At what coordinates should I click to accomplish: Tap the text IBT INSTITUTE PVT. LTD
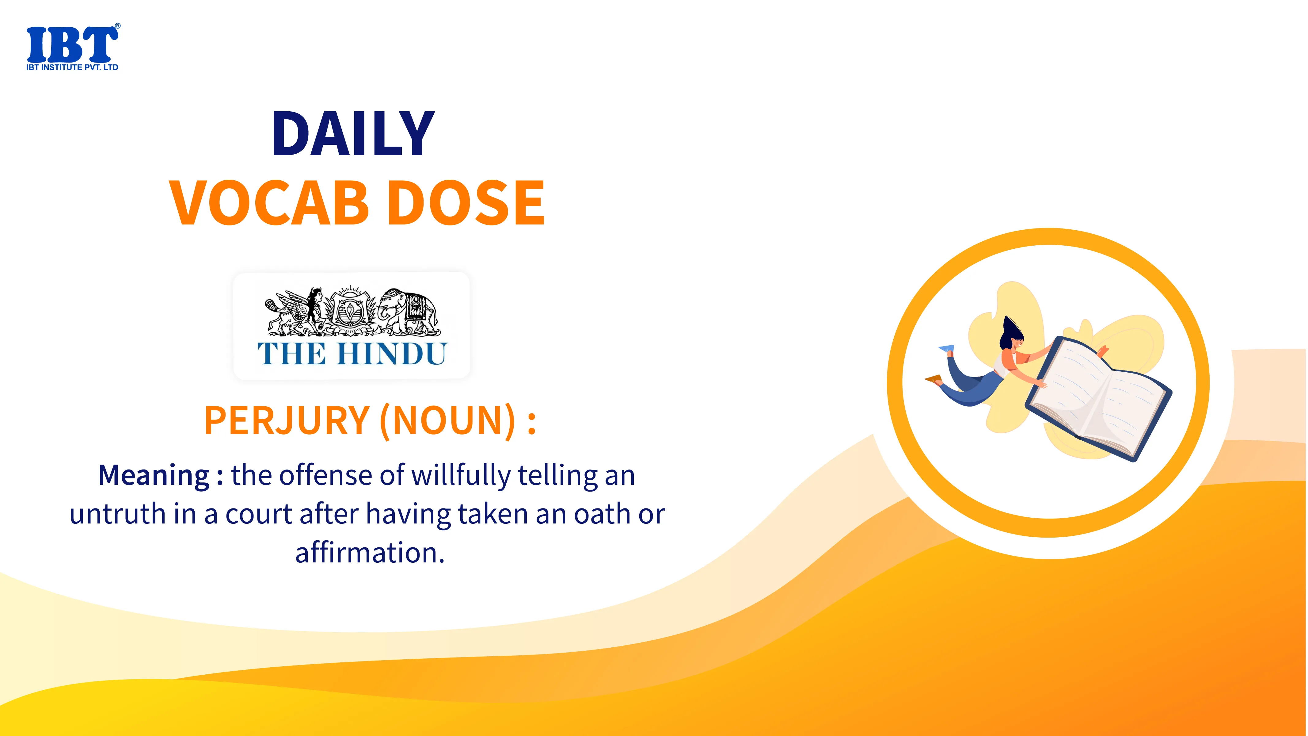(x=72, y=67)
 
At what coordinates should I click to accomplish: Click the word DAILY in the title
(x=353, y=134)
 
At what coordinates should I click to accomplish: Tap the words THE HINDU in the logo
(x=352, y=354)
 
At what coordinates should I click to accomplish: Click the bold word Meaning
(x=154, y=475)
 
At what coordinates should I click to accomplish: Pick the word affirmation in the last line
(x=370, y=552)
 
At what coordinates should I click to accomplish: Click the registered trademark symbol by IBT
(x=118, y=26)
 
